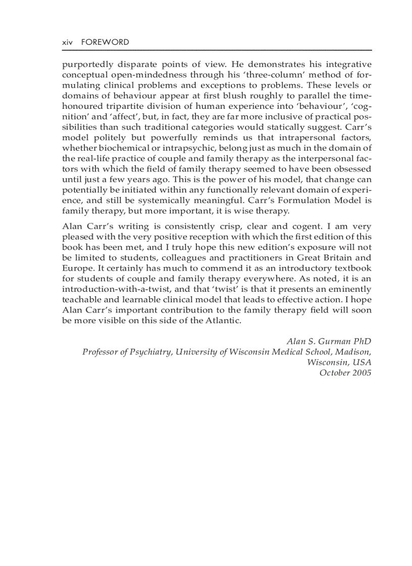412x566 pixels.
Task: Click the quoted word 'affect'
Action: [x=112, y=117]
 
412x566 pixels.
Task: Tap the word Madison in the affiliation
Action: [x=353, y=352]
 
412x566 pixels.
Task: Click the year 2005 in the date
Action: [x=361, y=373]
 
